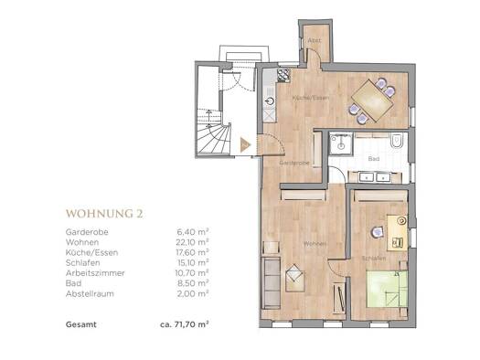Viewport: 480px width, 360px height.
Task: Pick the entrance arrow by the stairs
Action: pos(243,143)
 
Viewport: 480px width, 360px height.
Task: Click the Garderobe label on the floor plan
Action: pos(293,162)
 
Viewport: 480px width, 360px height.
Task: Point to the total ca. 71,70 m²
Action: pos(186,323)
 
